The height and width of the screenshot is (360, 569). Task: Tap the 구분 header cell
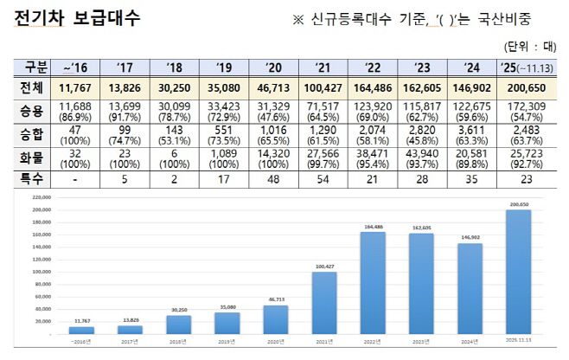(x=31, y=67)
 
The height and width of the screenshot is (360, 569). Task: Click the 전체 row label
(x=31, y=88)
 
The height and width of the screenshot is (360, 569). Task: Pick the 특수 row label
(x=31, y=178)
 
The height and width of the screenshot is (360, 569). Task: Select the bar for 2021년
(x=324, y=304)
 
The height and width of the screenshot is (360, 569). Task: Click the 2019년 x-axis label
(x=227, y=342)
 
